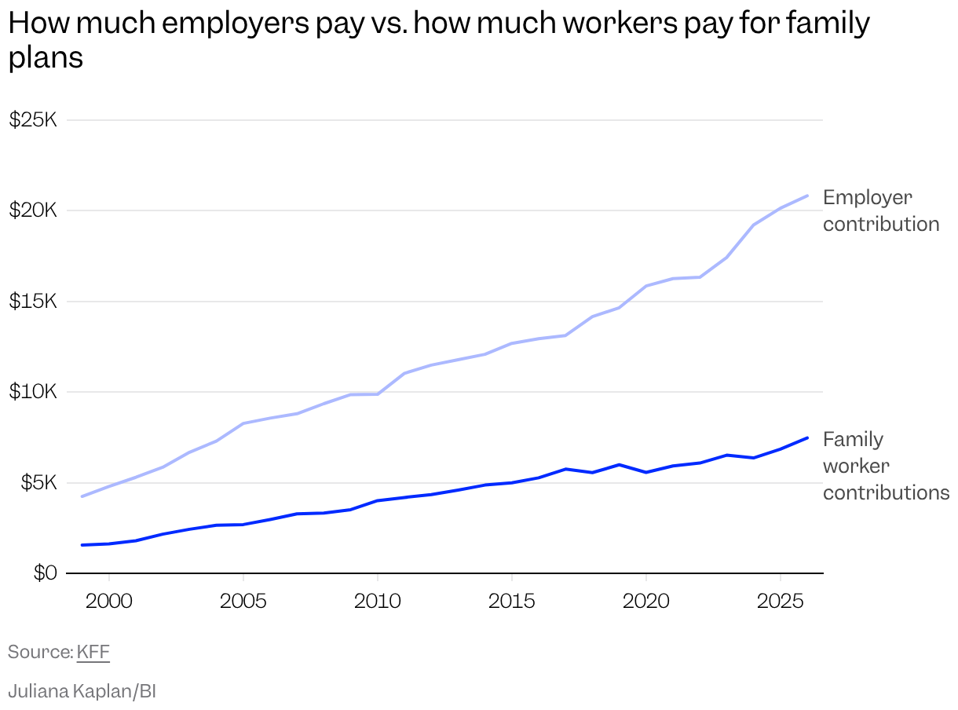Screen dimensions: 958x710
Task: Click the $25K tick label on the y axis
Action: (33, 119)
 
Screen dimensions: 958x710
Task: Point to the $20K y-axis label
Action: (33, 210)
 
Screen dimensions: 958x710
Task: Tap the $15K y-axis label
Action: (33, 301)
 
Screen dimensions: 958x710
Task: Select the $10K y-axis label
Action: (33, 391)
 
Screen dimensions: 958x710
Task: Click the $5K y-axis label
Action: (39, 482)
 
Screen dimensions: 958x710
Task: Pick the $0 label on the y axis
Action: (46, 573)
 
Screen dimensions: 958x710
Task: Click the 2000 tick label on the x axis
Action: (109, 601)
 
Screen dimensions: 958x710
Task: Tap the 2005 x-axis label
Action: (243, 601)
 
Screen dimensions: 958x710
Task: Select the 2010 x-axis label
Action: (378, 601)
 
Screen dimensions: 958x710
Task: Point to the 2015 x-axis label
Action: (512, 601)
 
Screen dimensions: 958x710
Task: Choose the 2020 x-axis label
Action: (646, 601)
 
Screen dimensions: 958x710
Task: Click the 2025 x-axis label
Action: (780, 601)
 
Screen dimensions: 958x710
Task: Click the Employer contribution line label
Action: (881, 211)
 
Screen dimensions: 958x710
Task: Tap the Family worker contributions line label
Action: (886, 467)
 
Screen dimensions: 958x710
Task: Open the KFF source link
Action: (93, 652)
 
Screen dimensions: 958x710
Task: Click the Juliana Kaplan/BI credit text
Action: (82, 691)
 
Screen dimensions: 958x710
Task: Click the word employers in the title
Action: (236, 24)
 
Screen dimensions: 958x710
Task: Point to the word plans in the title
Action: (46, 58)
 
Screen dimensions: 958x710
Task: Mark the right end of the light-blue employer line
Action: (807, 196)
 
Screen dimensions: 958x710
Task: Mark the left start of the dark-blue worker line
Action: (82, 545)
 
